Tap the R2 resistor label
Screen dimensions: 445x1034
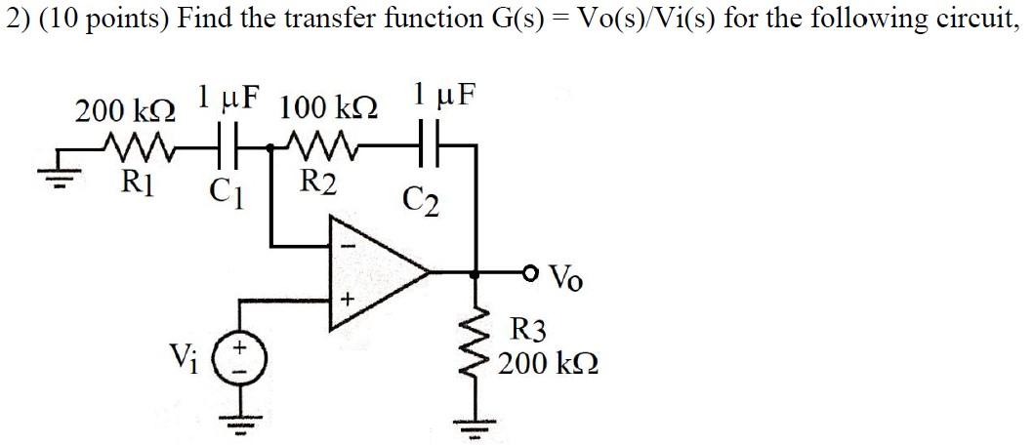click(318, 182)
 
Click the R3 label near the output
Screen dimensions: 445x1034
click(533, 329)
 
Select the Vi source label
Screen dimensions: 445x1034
click(183, 358)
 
